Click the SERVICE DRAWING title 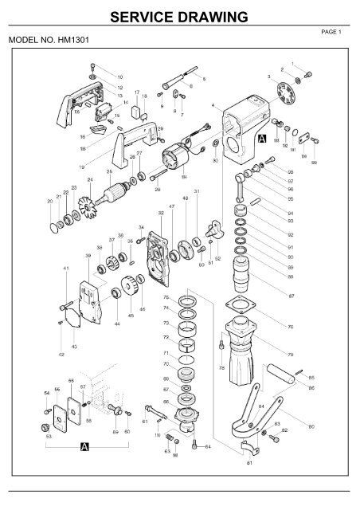(179, 15)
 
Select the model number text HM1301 (49, 40)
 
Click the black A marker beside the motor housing (262, 138)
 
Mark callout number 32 (161, 213)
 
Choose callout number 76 (313, 327)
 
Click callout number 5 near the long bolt (203, 79)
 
